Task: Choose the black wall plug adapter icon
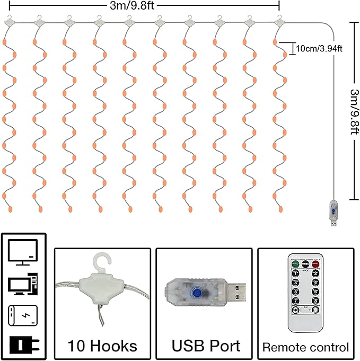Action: coord(23,344)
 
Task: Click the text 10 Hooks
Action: coord(102,346)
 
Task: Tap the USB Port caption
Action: coord(205,346)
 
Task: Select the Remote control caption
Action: coord(306,348)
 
